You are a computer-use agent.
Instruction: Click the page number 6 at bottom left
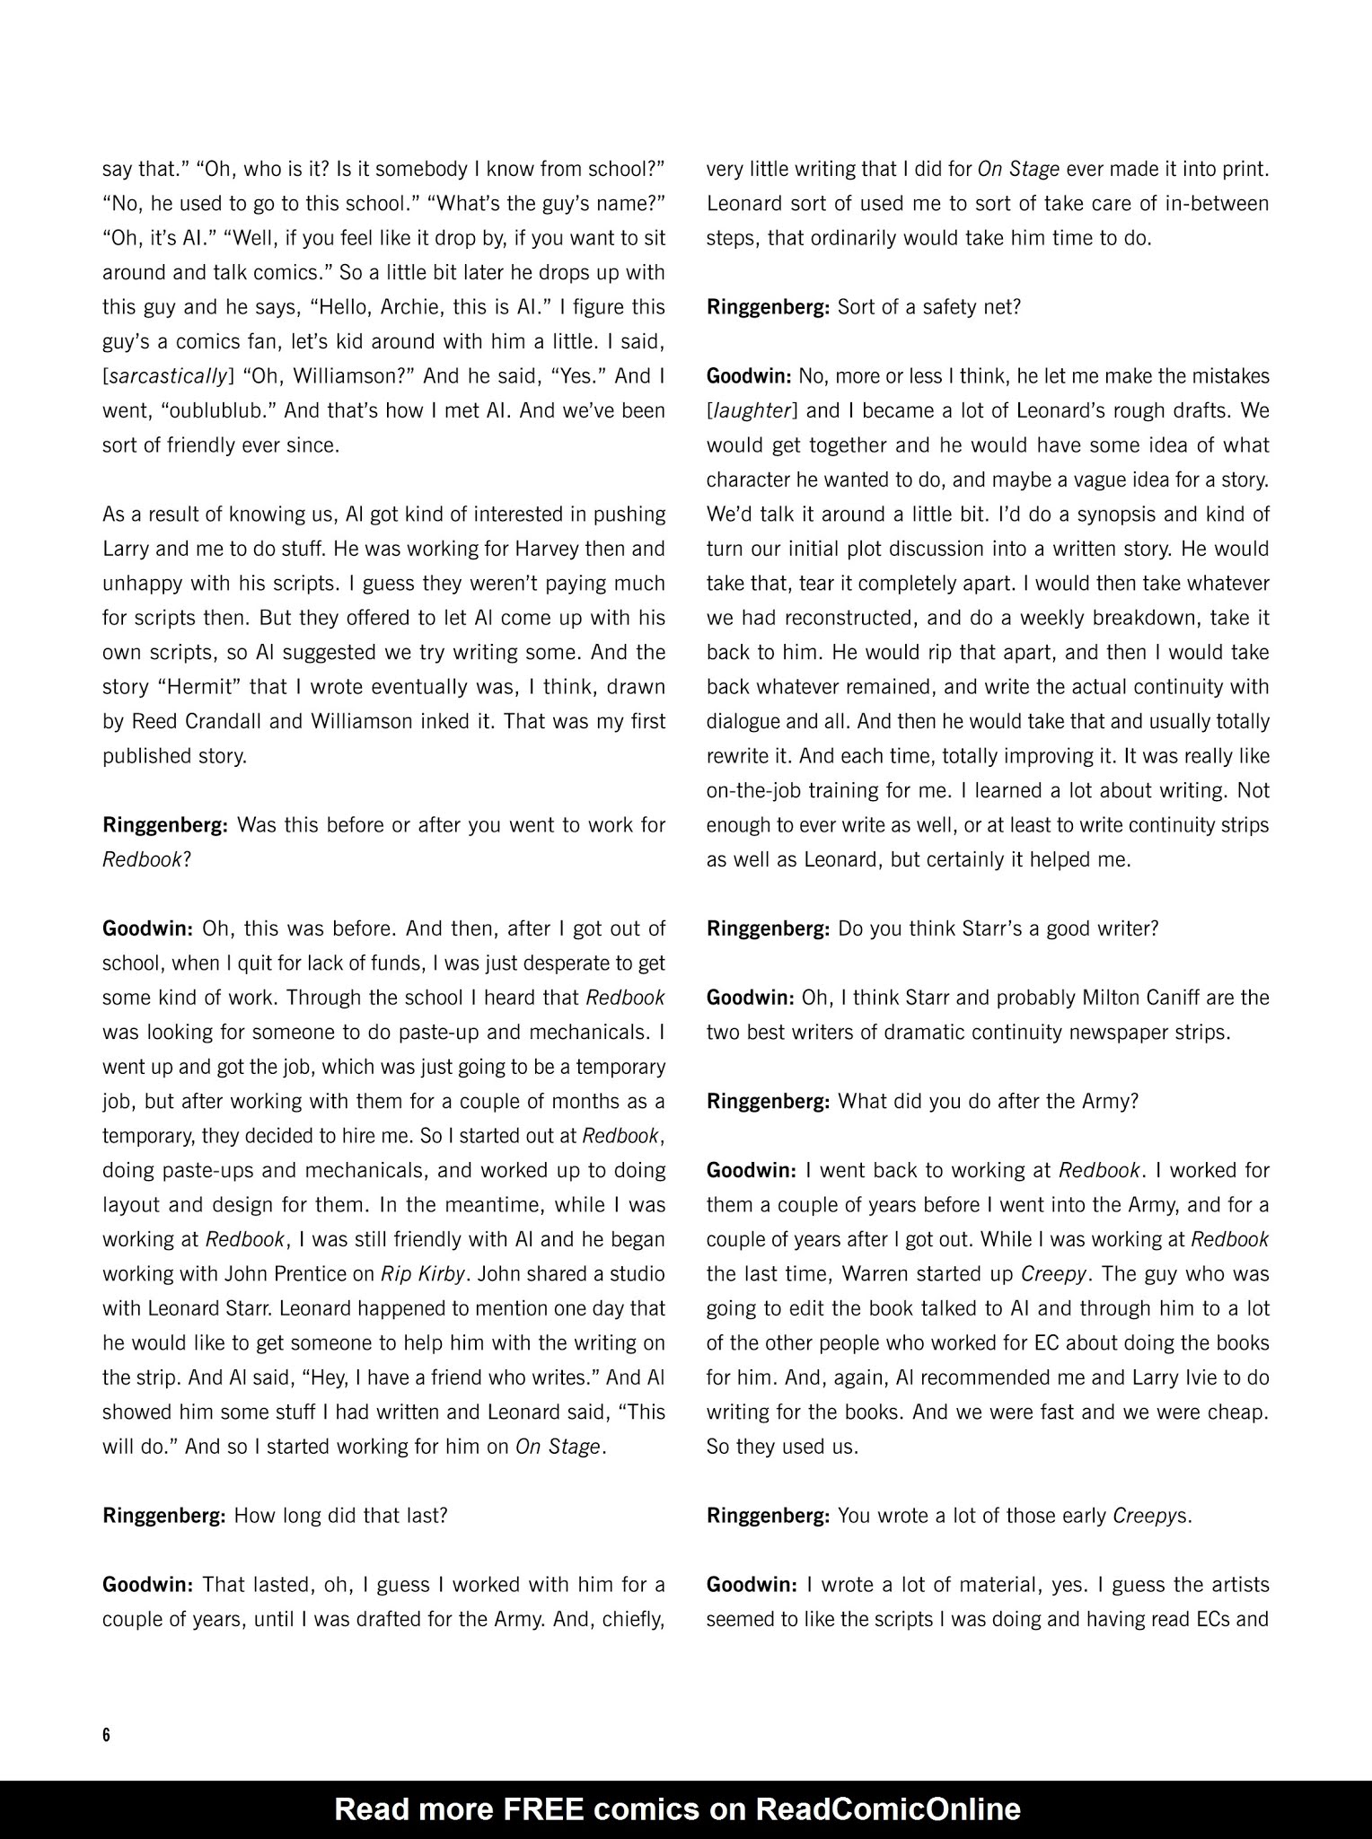coord(106,1734)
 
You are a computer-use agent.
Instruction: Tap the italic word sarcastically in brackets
coord(167,376)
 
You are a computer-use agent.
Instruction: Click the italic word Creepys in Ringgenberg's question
coord(1151,1515)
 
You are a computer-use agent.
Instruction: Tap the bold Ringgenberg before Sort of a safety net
coord(768,307)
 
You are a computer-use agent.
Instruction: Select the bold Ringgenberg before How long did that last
coord(163,1515)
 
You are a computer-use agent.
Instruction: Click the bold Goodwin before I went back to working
coord(752,1169)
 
